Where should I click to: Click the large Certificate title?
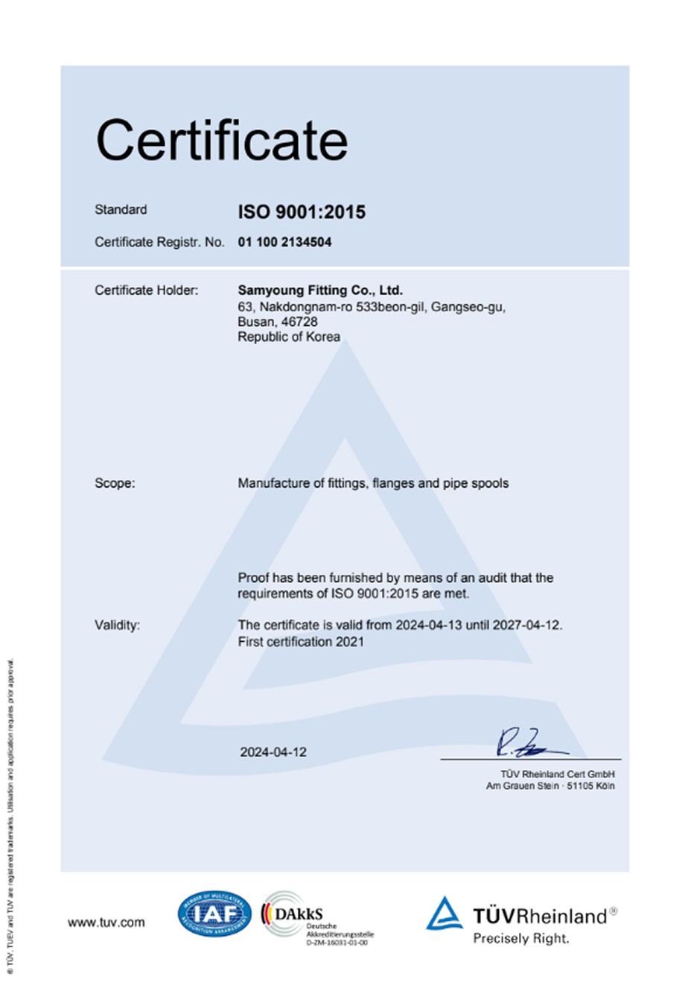point(222,141)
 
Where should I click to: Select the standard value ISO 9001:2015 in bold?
point(302,212)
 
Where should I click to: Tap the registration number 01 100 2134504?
point(284,242)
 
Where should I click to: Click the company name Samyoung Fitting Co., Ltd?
point(319,290)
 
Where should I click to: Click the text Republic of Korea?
point(289,337)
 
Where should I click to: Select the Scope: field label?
point(115,483)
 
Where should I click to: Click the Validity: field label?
point(117,625)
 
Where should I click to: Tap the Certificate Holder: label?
point(146,290)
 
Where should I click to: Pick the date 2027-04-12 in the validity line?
point(529,625)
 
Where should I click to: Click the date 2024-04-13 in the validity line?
point(428,625)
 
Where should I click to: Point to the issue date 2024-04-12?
point(273,752)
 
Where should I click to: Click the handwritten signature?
point(525,743)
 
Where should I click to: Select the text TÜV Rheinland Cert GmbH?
point(558,774)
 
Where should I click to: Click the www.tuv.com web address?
point(106,922)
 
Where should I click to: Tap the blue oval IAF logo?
point(214,914)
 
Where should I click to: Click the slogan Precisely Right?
point(521,938)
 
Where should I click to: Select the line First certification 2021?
point(301,641)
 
